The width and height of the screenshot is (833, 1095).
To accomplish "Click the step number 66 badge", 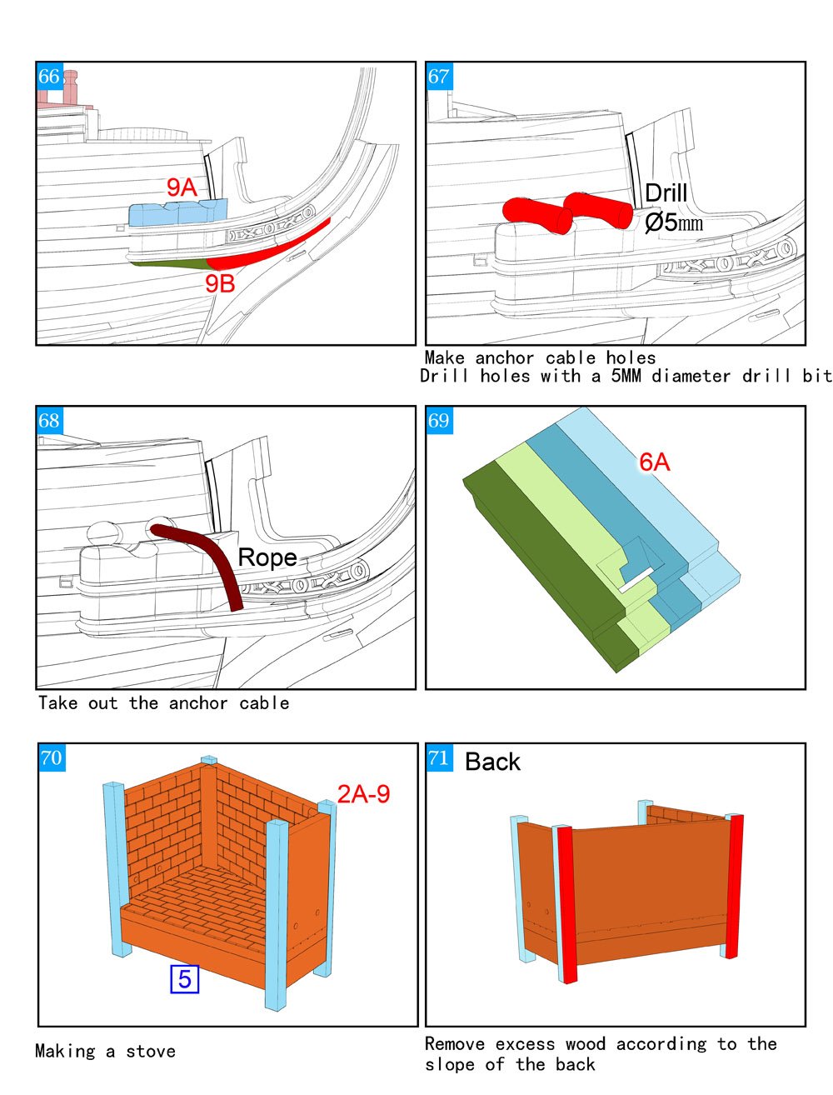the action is click(50, 77).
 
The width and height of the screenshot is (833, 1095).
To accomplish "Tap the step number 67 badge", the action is click(439, 77).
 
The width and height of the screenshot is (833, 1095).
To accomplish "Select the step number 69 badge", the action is click(439, 420).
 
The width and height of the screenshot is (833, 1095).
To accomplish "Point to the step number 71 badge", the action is click(439, 757).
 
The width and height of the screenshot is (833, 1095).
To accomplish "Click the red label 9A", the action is click(182, 187).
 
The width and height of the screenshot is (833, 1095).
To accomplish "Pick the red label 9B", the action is click(220, 283).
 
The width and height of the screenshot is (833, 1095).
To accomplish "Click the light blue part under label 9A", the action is click(178, 212).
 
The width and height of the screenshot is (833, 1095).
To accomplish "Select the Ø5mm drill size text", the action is click(673, 222).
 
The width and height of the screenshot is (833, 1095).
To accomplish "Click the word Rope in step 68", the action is click(267, 557).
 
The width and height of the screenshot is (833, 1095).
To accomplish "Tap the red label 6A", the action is click(655, 462).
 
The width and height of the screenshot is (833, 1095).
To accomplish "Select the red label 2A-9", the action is click(363, 793).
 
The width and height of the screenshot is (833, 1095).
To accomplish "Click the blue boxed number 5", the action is click(184, 979).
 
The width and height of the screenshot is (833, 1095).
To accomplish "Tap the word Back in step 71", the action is click(492, 762).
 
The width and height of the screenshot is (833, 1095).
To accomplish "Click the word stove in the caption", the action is click(151, 1052).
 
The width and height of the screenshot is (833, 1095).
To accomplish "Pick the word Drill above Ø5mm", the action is click(666, 192).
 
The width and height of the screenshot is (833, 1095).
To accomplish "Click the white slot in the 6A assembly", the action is click(636, 579).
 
